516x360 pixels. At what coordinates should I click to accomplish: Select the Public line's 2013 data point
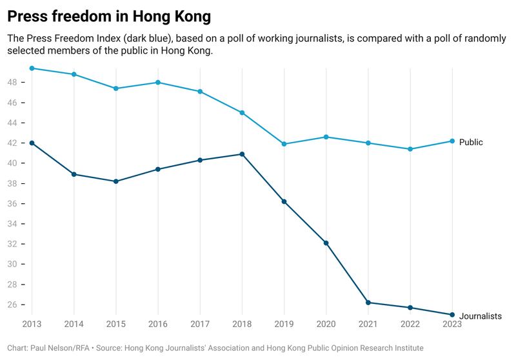coord(32,68)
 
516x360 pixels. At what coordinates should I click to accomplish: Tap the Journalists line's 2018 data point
coord(242,154)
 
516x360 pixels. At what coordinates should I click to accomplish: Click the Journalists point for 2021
coord(368,303)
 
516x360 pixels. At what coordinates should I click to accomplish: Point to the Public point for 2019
coord(284,144)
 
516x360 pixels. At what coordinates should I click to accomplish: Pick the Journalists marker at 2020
coord(326,243)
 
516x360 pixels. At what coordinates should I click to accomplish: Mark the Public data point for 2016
coord(158,83)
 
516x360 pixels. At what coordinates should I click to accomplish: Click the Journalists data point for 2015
coord(116,181)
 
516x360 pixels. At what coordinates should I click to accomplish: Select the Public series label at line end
coord(471,143)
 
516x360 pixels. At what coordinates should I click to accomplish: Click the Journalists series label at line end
coord(480,316)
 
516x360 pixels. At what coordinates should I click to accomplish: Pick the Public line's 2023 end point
coord(451,141)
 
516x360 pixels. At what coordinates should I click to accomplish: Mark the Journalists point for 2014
coord(74,174)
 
